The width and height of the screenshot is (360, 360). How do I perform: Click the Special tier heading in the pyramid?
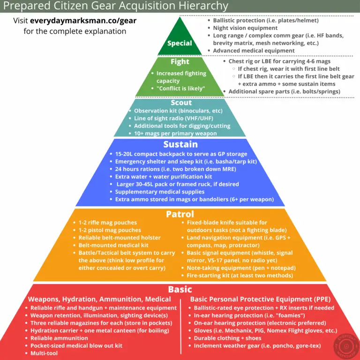(180, 43)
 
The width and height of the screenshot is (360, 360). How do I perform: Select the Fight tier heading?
(180, 61)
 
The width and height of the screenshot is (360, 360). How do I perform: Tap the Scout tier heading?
(181, 102)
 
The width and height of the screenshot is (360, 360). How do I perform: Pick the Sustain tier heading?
(180, 144)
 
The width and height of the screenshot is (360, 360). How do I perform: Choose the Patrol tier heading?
(180, 214)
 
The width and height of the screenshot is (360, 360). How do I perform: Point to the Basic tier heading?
(180, 289)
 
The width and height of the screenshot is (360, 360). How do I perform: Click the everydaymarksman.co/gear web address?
(83, 21)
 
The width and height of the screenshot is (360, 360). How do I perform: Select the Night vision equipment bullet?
(245, 28)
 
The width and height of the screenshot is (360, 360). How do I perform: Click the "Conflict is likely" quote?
(180, 89)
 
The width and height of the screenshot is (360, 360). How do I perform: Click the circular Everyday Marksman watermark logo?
(346, 346)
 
